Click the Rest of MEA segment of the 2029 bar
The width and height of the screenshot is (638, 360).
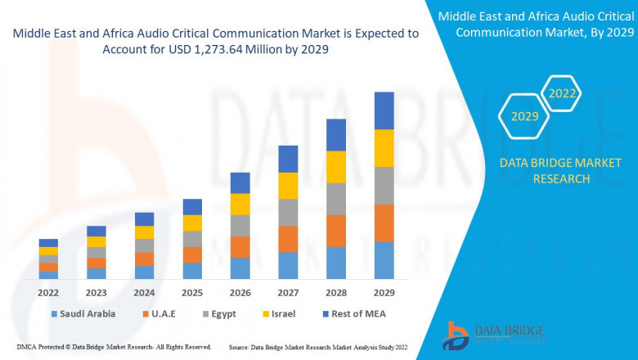pyautogui.click(x=384, y=110)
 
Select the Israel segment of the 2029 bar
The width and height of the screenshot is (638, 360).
pyautogui.click(x=384, y=148)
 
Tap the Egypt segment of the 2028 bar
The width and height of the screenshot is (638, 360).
pyautogui.click(x=336, y=199)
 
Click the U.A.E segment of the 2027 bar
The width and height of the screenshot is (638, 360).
pyautogui.click(x=288, y=239)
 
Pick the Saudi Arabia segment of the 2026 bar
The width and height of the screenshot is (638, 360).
pyautogui.click(x=240, y=268)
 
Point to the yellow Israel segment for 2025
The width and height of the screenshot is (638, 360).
pyautogui.click(x=192, y=223)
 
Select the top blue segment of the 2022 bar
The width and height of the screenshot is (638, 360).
pyautogui.click(x=48, y=243)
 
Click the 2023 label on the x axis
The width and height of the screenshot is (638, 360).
pyautogui.click(x=97, y=292)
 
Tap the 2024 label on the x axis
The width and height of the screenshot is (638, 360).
pyautogui.click(x=144, y=292)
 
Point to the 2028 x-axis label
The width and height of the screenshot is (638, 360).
pyautogui.click(x=336, y=292)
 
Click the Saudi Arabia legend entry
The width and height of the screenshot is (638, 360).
pyautogui.click(x=83, y=313)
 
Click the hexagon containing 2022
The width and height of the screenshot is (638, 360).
pyautogui.click(x=562, y=93)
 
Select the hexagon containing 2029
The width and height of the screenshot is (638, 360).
pyautogui.click(x=524, y=117)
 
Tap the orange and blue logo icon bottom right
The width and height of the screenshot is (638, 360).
pyautogui.click(x=456, y=335)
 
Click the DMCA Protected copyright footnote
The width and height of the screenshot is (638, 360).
pyautogui.click(x=114, y=348)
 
